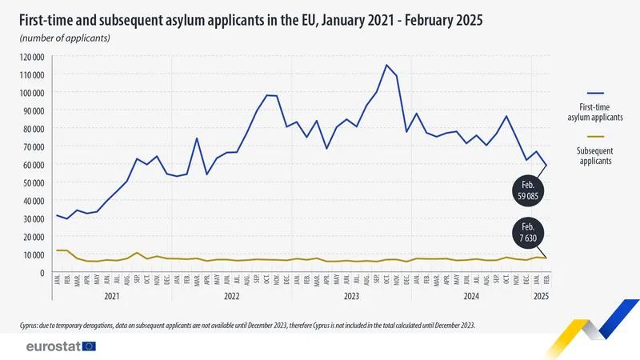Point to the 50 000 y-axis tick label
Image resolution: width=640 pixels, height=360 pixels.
click(x=34, y=182)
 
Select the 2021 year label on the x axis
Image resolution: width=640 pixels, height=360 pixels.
click(x=111, y=296)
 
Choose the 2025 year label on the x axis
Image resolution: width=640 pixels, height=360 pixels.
click(x=540, y=296)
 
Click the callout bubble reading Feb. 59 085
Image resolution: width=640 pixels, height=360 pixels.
click(x=530, y=192)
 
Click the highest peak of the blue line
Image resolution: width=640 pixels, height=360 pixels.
click(x=386, y=66)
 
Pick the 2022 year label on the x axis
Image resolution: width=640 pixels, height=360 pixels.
click(x=231, y=296)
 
